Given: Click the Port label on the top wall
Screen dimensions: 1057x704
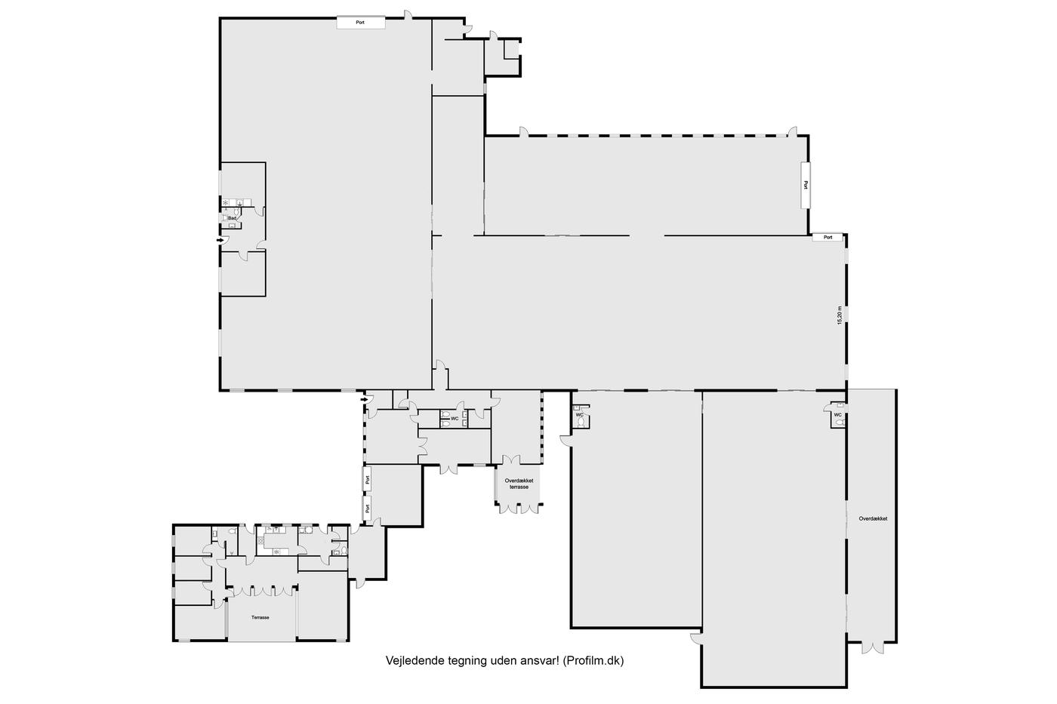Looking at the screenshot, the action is tap(360, 22).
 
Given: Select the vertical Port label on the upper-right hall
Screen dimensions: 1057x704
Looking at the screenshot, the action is tap(806, 185).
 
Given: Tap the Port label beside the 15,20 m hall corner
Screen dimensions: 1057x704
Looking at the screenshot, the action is tap(827, 237).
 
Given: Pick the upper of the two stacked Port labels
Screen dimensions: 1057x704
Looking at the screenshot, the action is tap(368, 479).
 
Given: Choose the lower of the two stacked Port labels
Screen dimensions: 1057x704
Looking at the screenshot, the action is tap(368, 509).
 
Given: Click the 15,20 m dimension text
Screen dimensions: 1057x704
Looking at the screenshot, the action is tap(839, 315).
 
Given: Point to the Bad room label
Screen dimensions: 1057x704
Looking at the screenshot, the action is tap(233, 218).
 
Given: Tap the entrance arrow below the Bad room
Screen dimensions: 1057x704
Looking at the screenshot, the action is tap(220, 240).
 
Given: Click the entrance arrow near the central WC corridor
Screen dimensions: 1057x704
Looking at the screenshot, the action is tap(364, 400).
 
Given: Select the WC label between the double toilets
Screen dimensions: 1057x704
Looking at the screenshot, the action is tap(455, 418).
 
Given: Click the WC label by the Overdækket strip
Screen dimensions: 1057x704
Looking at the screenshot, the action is tap(837, 415).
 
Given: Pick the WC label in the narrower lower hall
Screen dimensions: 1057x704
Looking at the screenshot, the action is tap(580, 415).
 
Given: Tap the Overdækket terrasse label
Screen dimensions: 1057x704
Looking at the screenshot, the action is tap(519, 484).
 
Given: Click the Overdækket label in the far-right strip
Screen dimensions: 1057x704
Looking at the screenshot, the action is tap(873, 518).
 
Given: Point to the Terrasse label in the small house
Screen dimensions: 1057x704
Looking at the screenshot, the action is tap(260, 617).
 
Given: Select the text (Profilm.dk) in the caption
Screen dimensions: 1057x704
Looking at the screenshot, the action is tap(593, 661).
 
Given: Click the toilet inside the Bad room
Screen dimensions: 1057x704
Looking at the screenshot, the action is tap(225, 218).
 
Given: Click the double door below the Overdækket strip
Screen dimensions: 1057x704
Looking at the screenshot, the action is tap(873, 647).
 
